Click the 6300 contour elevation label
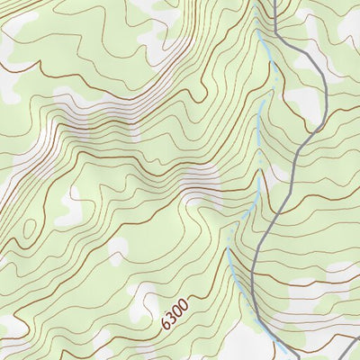click(175, 312)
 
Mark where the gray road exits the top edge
click(273, 1)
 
